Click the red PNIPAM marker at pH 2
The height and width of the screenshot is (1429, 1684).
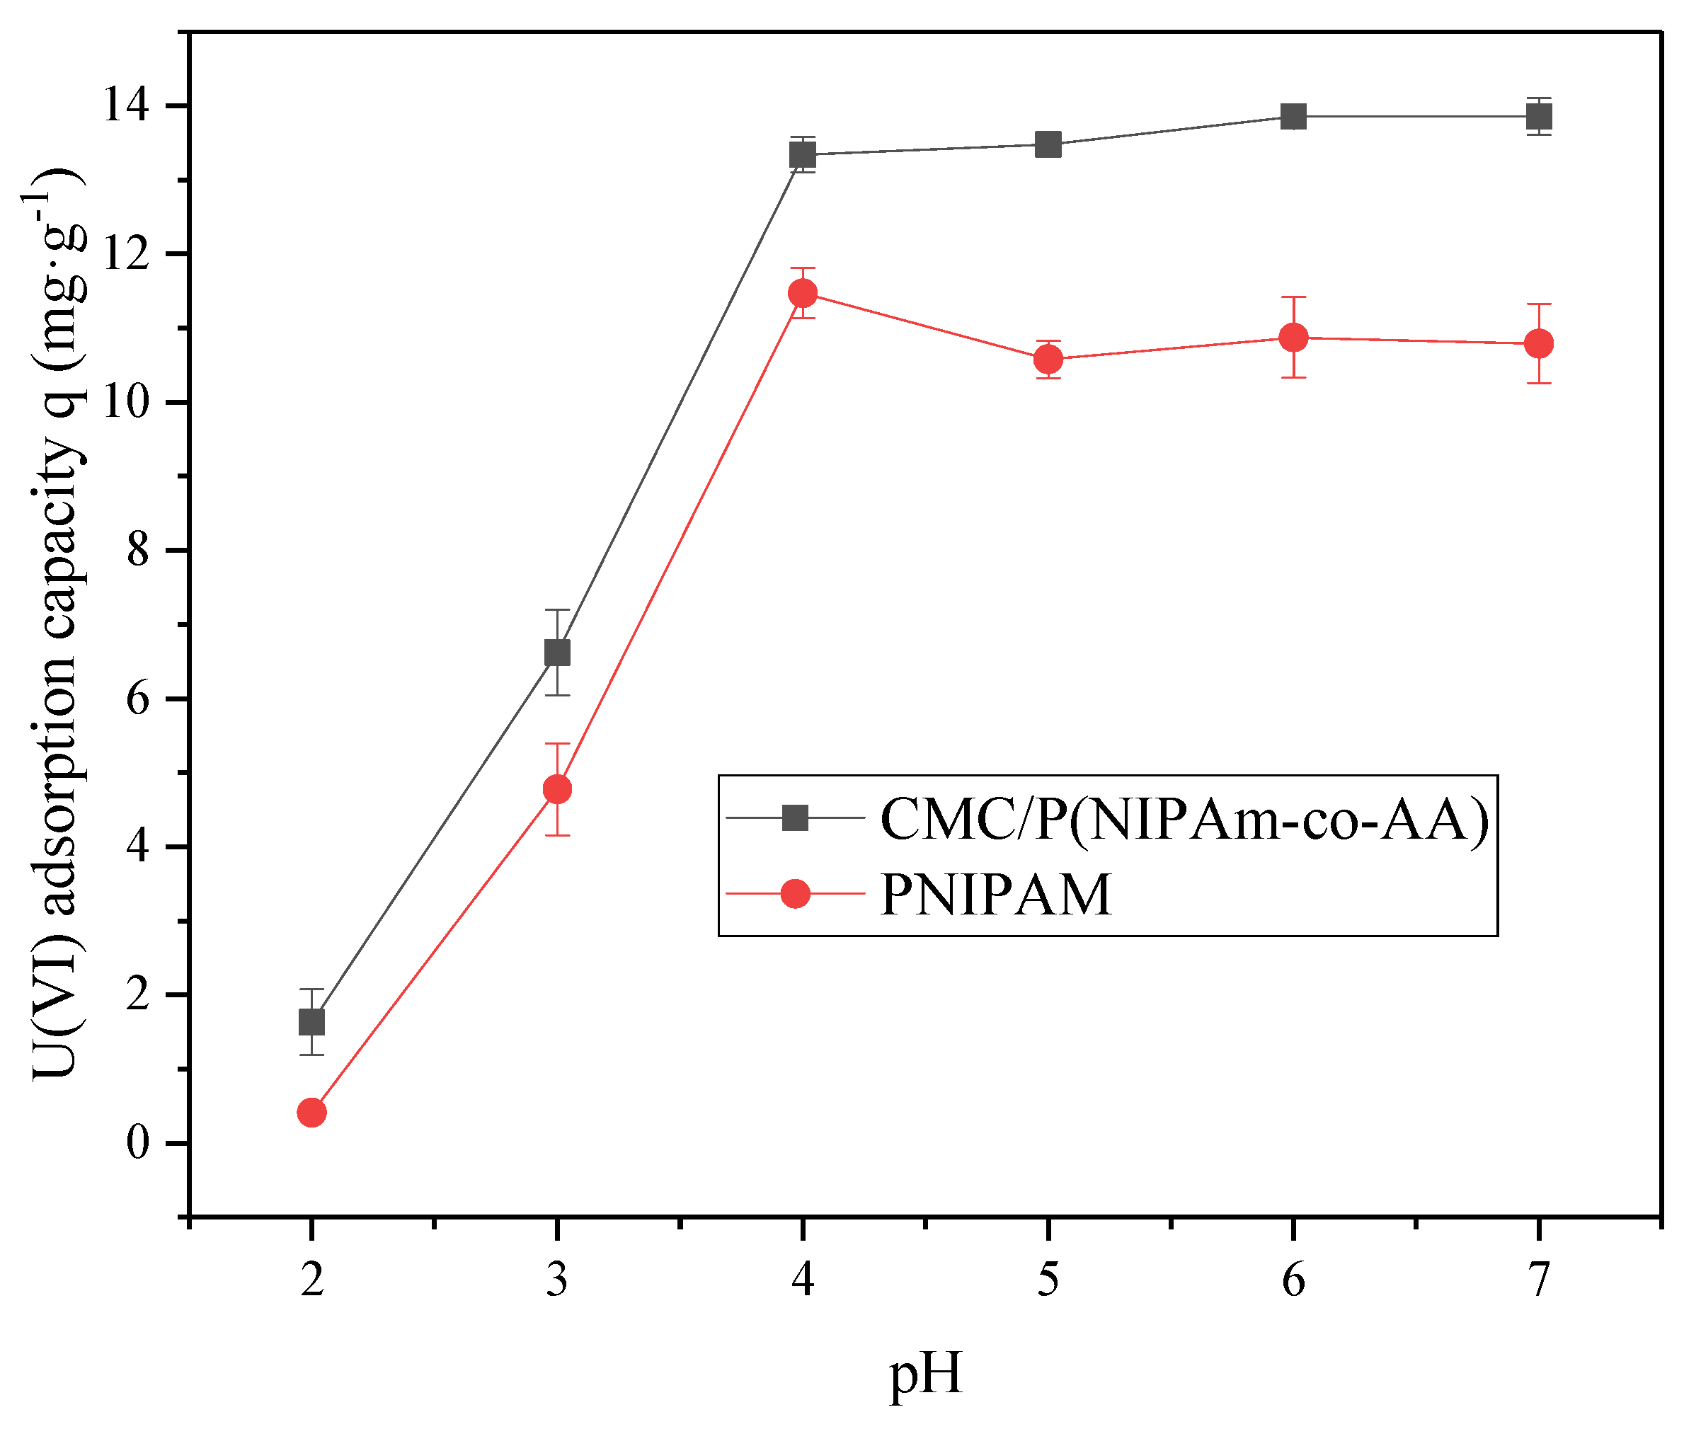tap(312, 1112)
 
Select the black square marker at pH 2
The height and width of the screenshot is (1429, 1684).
tap(312, 1021)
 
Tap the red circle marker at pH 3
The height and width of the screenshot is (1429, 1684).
tap(557, 788)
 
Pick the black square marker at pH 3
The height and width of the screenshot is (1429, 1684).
tap(557, 652)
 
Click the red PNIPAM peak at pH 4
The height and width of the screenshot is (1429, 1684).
tap(803, 292)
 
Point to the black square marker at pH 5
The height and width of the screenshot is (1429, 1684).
tap(1048, 145)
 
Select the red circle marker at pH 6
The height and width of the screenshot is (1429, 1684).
tap(1293, 337)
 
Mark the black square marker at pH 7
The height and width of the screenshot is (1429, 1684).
tap(1539, 117)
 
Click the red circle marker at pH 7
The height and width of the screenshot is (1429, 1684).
tap(1539, 343)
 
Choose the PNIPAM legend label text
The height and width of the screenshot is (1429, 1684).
tap(996, 895)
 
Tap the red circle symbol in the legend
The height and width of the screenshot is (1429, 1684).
tap(796, 893)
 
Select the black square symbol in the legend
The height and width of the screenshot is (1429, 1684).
tap(796, 818)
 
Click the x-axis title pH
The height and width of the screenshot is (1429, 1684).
tap(925, 1375)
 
